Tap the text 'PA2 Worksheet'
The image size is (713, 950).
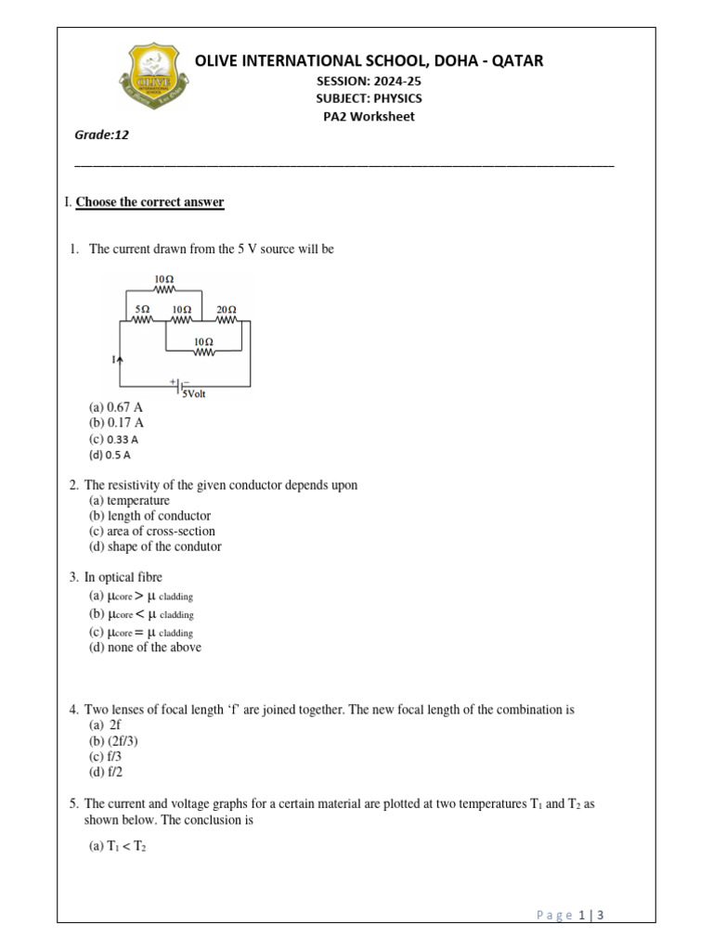tap(369, 117)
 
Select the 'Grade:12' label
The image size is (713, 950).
tap(101, 135)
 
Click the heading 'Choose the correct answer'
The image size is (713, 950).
tap(149, 202)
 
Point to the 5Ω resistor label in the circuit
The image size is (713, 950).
tap(142, 308)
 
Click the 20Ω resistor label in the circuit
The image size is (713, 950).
tap(227, 308)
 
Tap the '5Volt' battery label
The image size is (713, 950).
tap(194, 393)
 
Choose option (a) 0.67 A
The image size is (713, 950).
tap(116, 407)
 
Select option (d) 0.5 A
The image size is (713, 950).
tap(110, 456)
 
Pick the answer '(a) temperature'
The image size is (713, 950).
tap(129, 501)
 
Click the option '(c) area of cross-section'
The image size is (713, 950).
tap(151, 532)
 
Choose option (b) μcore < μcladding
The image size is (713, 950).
tap(141, 614)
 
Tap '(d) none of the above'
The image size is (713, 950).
tap(145, 648)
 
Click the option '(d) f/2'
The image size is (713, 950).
tap(107, 772)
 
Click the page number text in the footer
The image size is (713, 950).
tap(571, 916)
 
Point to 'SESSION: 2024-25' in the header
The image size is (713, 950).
tap(369, 81)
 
